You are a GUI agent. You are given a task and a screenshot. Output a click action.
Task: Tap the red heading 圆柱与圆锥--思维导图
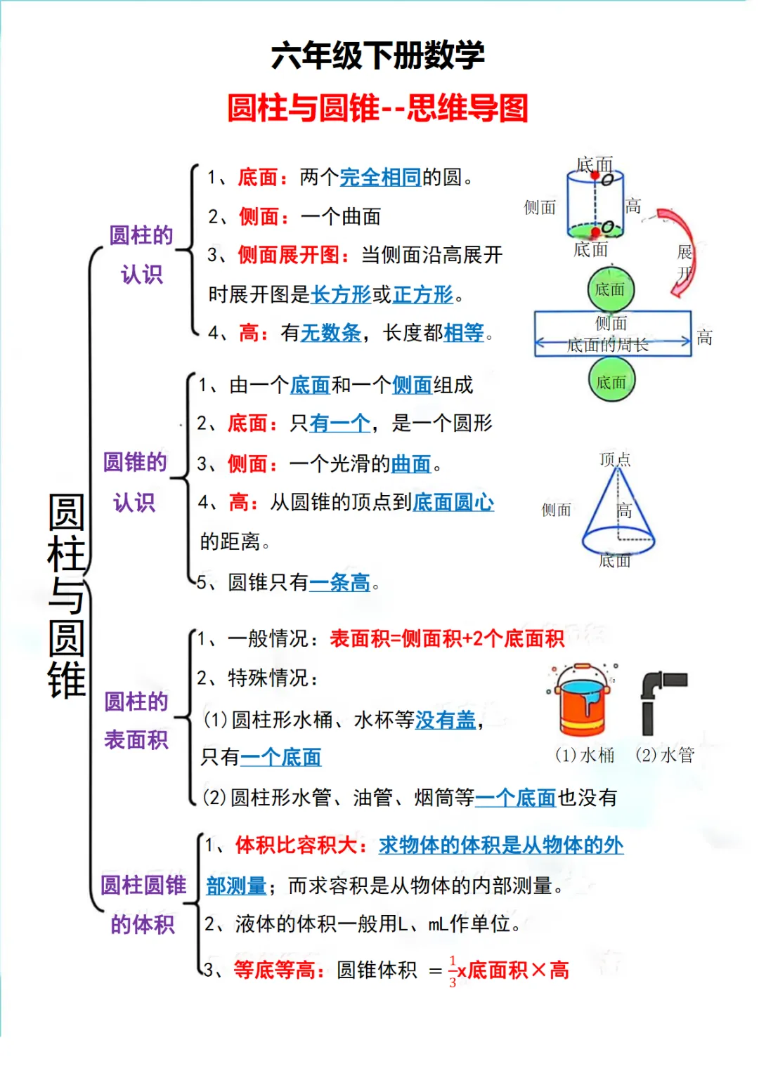378,108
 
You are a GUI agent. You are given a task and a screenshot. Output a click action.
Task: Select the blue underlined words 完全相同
380,177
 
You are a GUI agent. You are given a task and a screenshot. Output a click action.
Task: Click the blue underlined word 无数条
331,333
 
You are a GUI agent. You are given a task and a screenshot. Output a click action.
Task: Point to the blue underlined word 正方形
423,294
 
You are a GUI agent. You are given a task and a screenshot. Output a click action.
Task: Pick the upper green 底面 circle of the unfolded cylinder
610,289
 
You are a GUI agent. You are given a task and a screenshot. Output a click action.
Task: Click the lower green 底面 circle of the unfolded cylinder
611,382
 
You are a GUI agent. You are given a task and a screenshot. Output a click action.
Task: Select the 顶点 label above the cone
615,459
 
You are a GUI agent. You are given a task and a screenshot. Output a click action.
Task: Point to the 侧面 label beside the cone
556,510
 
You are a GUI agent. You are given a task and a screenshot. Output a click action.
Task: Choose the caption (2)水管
665,755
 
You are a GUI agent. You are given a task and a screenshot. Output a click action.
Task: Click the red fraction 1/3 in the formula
453,971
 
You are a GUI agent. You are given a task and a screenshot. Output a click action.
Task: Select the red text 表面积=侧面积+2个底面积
447,638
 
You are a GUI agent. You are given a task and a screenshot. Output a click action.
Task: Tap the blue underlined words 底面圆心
453,502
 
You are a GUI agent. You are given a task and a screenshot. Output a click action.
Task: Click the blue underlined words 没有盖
446,720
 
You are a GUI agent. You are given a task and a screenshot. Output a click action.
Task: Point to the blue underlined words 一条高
339,582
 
